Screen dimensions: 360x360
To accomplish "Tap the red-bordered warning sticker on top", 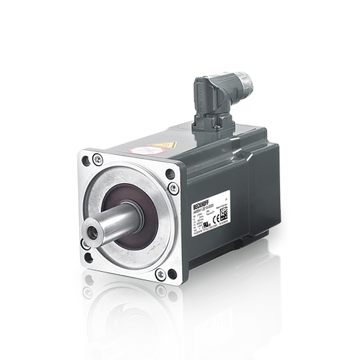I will (138, 151).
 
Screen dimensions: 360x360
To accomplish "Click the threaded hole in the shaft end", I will (90, 231).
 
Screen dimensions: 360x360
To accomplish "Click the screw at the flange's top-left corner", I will (98, 158).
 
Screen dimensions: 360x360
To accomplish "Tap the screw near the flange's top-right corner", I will (173, 189).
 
